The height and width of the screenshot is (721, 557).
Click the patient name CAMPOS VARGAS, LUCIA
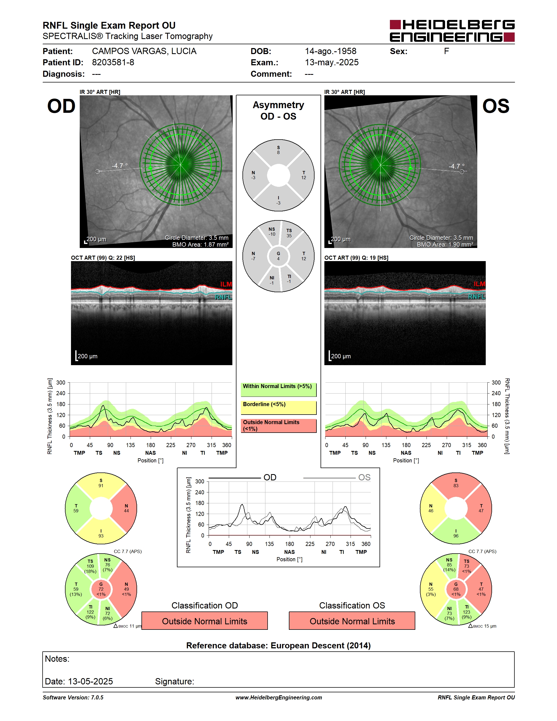click(144, 51)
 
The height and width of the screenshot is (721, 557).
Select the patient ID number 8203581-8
click(113, 62)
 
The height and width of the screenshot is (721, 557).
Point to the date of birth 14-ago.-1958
click(331, 51)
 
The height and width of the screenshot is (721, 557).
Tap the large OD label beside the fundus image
click(61, 106)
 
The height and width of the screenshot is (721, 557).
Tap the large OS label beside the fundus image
click(496, 106)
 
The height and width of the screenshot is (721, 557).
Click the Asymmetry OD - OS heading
click(278, 111)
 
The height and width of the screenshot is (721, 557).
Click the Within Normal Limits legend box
click(278, 389)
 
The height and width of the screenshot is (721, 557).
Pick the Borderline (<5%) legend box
click(278, 408)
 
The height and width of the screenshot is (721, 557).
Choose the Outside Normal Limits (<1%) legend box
click(278, 425)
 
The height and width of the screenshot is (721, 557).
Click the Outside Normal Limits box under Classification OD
click(205, 621)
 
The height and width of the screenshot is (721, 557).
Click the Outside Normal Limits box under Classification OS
click(352, 621)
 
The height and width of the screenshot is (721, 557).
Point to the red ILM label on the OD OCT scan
click(226, 284)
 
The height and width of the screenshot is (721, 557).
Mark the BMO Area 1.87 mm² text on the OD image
click(200, 245)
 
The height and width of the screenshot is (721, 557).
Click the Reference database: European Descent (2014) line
click(278, 646)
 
